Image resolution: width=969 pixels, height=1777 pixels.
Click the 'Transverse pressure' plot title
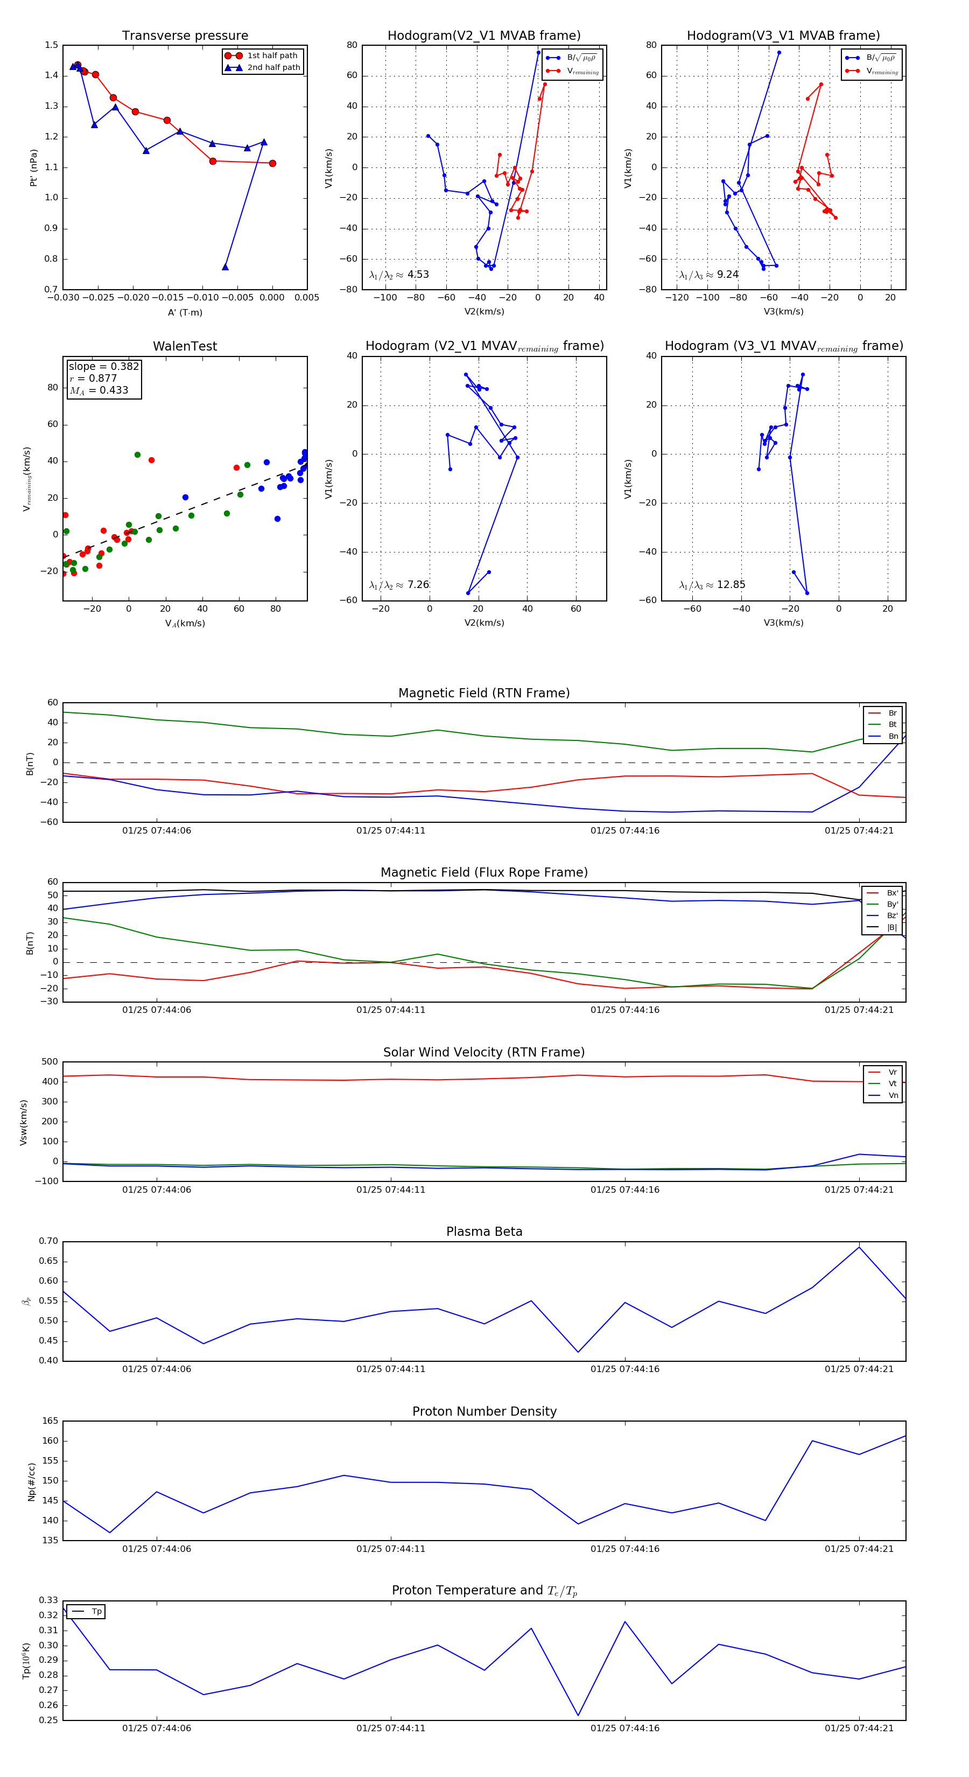(x=185, y=36)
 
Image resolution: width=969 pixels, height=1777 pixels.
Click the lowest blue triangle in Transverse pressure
(x=226, y=267)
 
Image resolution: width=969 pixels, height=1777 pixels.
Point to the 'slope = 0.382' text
(x=103, y=366)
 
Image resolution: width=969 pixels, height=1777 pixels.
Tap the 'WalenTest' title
(x=185, y=346)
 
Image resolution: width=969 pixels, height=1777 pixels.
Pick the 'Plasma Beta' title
(x=484, y=1232)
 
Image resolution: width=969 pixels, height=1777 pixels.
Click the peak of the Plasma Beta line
(x=859, y=1247)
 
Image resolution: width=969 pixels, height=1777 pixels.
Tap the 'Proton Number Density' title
(x=484, y=1411)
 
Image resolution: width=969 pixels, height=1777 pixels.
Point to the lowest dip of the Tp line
(x=578, y=1716)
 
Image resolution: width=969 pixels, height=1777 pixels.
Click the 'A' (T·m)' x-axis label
(x=185, y=312)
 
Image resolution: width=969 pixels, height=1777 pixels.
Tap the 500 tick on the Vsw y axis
(x=50, y=1062)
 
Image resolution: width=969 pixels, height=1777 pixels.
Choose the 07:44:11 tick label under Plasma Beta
(x=390, y=1369)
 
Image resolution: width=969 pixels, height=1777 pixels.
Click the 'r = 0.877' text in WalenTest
(x=93, y=378)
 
